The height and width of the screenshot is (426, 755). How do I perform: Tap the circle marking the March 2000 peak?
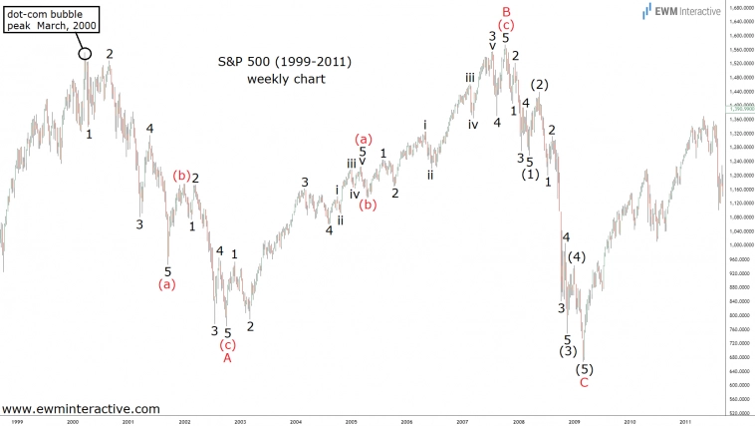click(85, 54)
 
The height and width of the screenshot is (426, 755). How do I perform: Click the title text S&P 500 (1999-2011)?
click(285, 61)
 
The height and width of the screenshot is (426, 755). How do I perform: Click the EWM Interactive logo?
click(681, 11)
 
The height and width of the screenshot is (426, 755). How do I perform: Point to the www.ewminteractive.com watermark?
click(81, 408)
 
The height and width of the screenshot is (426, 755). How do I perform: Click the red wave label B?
click(506, 11)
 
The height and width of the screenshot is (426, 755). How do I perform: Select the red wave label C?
click(584, 382)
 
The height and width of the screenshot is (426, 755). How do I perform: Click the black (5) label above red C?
click(584, 369)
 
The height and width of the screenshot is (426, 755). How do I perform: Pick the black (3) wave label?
click(568, 350)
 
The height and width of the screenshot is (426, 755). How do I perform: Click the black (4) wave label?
click(577, 257)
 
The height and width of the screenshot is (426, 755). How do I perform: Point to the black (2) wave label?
click(540, 85)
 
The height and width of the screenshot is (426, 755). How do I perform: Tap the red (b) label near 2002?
click(181, 176)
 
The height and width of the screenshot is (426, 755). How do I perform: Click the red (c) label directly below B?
click(507, 24)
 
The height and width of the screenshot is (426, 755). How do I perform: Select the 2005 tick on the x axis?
click(352, 422)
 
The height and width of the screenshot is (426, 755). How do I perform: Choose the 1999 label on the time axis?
click(18, 422)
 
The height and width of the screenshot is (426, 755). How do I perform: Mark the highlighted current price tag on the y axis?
click(738, 107)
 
